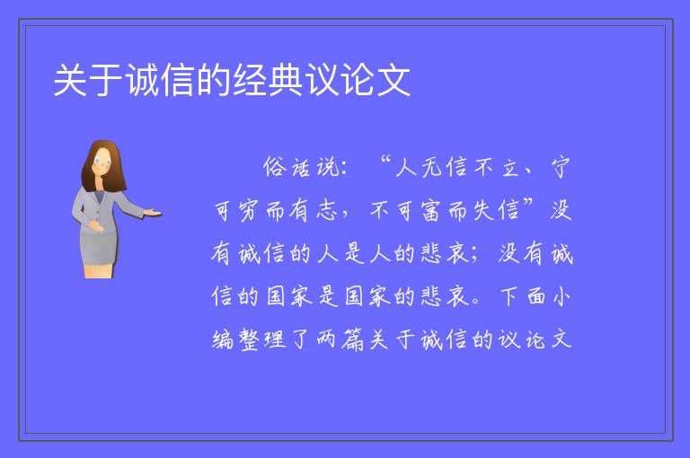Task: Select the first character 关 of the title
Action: click(x=70, y=80)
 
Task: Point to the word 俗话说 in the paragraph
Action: click(x=302, y=167)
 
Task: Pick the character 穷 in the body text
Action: click(x=249, y=210)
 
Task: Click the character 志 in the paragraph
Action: click(x=326, y=210)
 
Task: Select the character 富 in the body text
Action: click(x=431, y=210)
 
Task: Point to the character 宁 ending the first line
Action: click(x=561, y=167)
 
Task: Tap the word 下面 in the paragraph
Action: click(x=522, y=296)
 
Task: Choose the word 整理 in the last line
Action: click(x=262, y=339)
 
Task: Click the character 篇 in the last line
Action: click(x=352, y=339)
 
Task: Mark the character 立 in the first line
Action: click(x=510, y=167)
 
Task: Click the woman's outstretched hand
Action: click(x=153, y=213)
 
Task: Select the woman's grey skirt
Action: click(x=99, y=247)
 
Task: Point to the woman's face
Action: click(x=102, y=161)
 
